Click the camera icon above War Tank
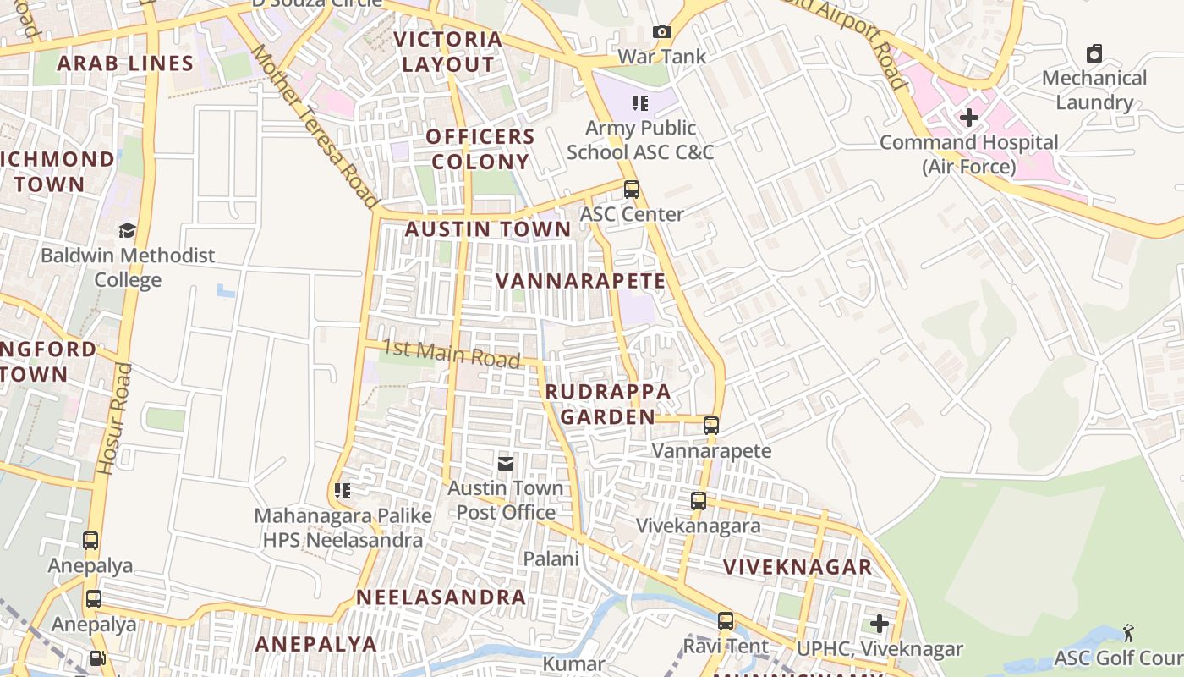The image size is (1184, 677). pyautogui.click(x=662, y=32)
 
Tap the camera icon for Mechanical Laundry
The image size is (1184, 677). pyautogui.click(x=1094, y=53)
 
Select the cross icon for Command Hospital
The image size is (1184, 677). pyautogui.click(x=969, y=118)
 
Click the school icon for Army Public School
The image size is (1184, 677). pyautogui.click(x=640, y=103)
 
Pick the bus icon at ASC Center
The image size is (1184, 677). pyautogui.click(x=632, y=190)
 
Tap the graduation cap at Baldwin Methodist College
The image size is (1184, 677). pyautogui.click(x=127, y=230)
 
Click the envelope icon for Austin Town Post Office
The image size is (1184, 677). pyautogui.click(x=506, y=463)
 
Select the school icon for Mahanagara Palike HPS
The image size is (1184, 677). pyautogui.click(x=343, y=491)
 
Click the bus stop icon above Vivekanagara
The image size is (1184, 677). pyautogui.click(x=699, y=500)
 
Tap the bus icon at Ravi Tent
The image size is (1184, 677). pyautogui.click(x=726, y=621)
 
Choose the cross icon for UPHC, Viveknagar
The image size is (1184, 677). pyautogui.click(x=880, y=624)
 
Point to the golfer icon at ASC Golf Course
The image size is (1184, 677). pyautogui.click(x=1128, y=632)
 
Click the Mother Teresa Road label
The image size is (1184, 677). pyautogui.click(x=315, y=127)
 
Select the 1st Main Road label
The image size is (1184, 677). pyautogui.click(x=451, y=353)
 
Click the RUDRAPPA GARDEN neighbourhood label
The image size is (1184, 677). pyautogui.click(x=608, y=404)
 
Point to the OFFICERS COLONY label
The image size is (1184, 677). pyautogui.click(x=480, y=149)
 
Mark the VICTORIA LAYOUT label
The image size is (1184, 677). pyautogui.click(x=448, y=52)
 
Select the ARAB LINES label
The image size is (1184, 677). pyautogui.click(x=125, y=63)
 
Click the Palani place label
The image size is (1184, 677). pyautogui.click(x=551, y=559)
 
